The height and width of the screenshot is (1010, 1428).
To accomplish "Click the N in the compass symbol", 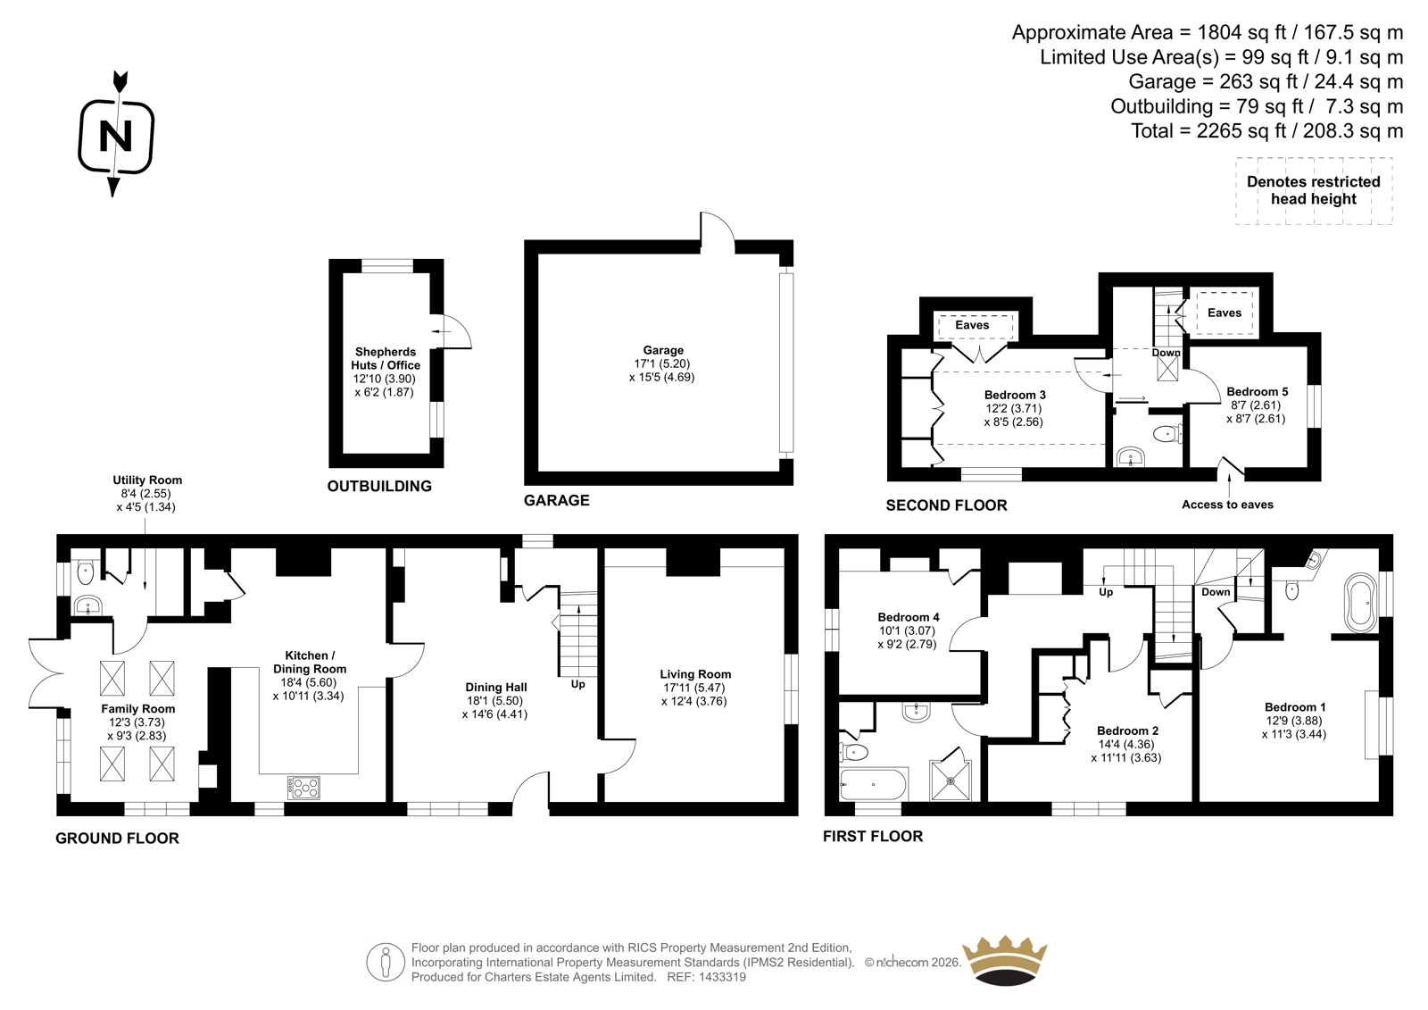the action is [x=115, y=135].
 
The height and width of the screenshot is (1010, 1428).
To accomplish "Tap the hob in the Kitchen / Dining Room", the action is [x=303, y=788].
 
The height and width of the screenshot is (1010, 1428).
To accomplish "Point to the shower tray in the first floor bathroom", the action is [x=951, y=780].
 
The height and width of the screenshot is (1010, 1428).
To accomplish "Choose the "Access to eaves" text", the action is [x=1227, y=505].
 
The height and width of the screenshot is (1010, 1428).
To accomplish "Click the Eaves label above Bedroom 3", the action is [x=972, y=325].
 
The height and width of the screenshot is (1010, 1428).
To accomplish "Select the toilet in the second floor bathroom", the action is [x=1168, y=435].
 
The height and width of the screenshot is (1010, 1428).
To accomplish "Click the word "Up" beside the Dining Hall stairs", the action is [x=577, y=684].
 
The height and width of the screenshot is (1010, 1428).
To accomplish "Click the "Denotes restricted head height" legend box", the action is [x=1313, y=191].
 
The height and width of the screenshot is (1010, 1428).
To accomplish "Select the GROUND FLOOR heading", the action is [x=117, y=839].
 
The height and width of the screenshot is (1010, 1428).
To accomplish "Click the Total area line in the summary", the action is [x=1266, y=131].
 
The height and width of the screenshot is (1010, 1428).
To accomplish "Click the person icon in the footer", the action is [x=385, y=962].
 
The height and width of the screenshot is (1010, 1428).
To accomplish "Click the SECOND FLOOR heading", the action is [x=946, y=506].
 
